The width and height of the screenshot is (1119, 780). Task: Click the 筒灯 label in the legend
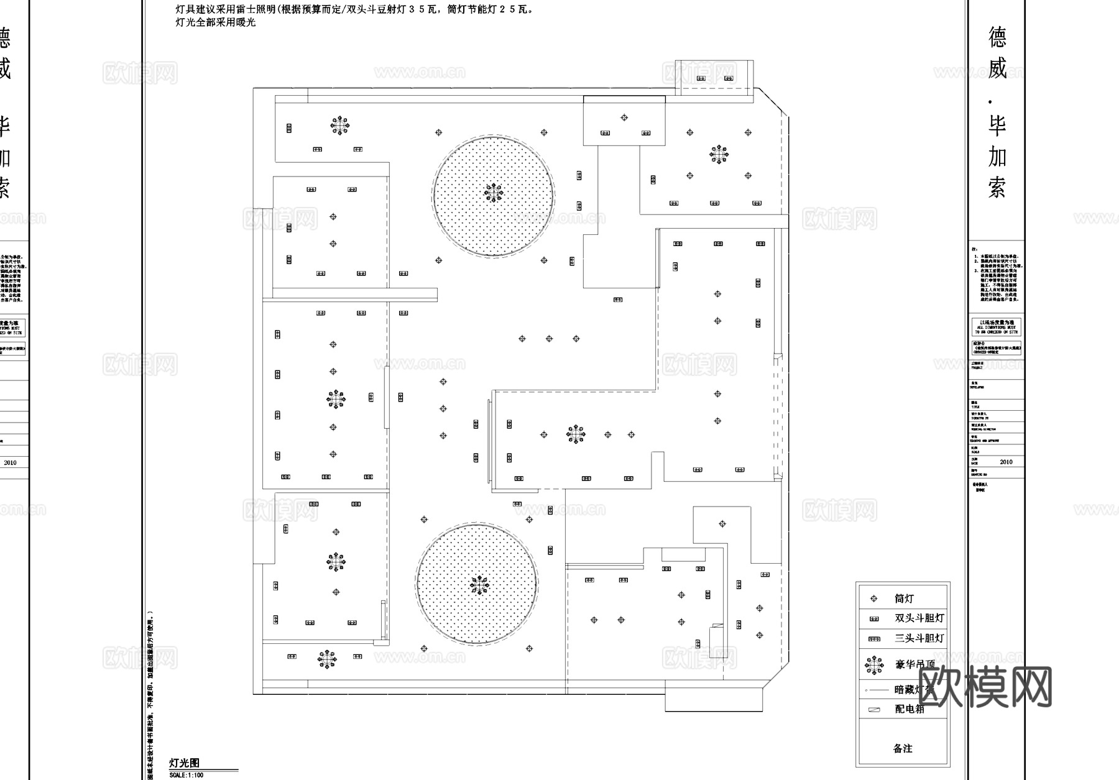tap(904, 599)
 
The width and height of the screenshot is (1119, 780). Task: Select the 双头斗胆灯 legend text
tap(919, 618)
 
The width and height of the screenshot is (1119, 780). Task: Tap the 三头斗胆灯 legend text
tap(919, 638)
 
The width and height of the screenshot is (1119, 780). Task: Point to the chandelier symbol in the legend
tap(874, 665)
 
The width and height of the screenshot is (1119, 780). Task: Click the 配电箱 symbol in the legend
tap(874, 709)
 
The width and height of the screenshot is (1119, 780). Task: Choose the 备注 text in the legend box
tap(903, 748)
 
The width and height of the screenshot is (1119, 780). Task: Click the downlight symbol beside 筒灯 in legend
tap(874, 599)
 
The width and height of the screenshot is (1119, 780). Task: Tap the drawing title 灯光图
tap(185, 763)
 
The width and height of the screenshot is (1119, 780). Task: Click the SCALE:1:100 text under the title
tap(186, 775)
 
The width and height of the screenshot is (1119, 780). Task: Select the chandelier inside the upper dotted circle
tap(494, 193)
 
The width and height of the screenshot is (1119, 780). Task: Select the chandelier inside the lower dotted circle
tap(479, 585)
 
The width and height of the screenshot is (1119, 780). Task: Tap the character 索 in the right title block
tap(997, 186)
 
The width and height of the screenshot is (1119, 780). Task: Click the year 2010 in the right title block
tap(1006, 462)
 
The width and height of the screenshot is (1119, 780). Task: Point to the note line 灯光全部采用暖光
tap(216, 22)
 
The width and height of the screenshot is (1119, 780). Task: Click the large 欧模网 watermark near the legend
tap(985, 687)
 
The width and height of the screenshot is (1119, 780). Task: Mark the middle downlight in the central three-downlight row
tap(549, 339)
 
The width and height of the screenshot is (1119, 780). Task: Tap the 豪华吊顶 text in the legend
tap(914, 664)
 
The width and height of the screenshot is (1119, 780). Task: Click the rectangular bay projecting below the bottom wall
tap(714, 699)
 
